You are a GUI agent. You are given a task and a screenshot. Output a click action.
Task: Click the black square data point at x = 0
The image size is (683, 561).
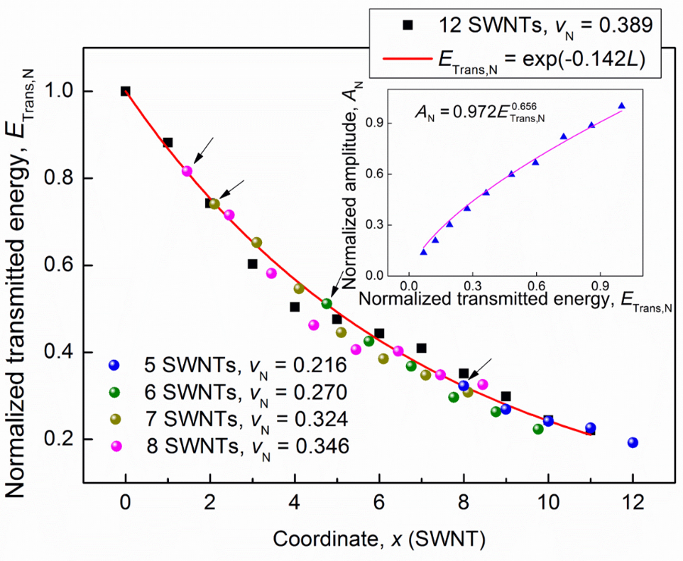point(126,92)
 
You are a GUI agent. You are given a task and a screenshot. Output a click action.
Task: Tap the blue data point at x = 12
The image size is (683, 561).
point(633,443)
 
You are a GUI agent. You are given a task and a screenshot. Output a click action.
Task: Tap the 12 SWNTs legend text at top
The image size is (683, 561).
point(539,24)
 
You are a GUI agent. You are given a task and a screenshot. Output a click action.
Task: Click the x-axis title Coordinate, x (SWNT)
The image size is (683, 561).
point(379,540)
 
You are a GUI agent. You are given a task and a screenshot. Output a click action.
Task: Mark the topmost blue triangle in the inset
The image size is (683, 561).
point(622,106)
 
